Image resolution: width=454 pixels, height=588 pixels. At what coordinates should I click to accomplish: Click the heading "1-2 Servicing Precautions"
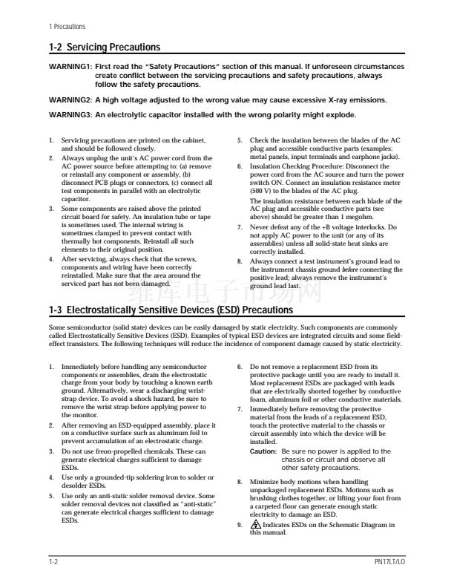[104, 48]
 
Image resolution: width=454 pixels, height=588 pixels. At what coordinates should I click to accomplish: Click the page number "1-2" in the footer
[54, 563]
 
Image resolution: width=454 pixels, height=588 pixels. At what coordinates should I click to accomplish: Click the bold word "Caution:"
[263, 451]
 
